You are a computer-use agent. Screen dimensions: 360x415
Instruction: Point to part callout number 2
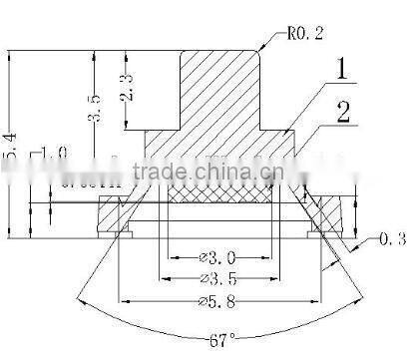pyautogui.click(x=342, y=110)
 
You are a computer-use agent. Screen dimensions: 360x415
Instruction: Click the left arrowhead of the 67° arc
pyautogui.click(x=79, y=295)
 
